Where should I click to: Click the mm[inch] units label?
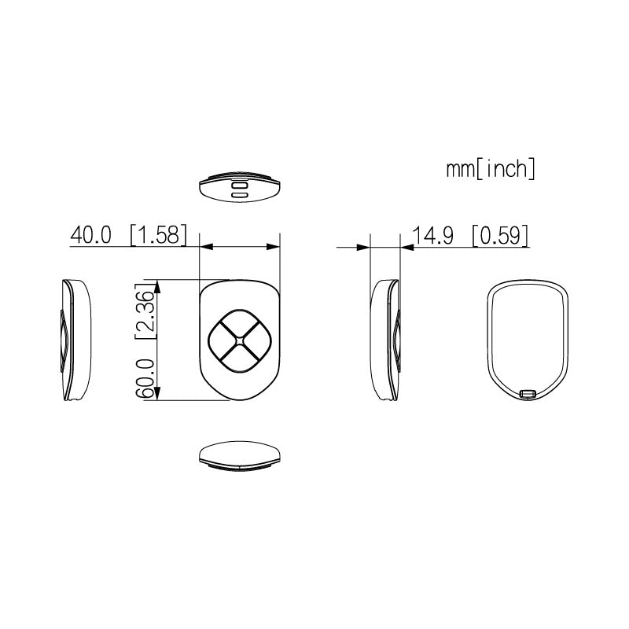pos(491,169)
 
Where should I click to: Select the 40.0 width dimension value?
pos(92,235)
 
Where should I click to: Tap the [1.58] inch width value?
pos(158,235)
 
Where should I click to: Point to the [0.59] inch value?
pos(499,235)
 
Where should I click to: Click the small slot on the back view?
pos(528,392)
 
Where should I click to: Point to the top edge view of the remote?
pos(240,186)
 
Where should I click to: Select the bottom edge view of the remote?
pos(240,455)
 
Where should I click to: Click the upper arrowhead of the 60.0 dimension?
pos(160,285)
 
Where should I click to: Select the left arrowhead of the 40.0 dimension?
pos(206,247)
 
